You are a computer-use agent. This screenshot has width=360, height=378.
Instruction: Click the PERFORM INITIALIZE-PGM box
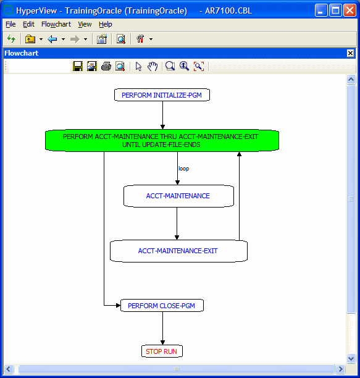(162, 95)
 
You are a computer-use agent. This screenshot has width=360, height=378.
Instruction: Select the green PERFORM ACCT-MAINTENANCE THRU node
(162, 140)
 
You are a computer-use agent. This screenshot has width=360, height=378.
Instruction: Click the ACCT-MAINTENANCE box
(178, 196)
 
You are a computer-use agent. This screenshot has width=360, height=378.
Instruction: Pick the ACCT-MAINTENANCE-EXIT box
(178, 251)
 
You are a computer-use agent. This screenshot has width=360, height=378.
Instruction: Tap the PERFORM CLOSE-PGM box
(162, 305)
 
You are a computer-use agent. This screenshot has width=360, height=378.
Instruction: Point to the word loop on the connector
(183, 168)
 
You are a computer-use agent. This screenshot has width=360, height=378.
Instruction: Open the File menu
(10, 24)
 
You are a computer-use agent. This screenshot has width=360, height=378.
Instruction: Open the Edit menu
(28, 24)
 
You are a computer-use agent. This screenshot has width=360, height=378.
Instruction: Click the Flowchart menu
(56, 24)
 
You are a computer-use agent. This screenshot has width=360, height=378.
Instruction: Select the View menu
(85, 24)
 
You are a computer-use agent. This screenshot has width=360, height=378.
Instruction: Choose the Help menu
(106, 24)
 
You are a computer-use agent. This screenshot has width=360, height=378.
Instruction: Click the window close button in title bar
(350, 10)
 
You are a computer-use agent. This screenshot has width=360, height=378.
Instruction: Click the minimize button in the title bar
(321, 10)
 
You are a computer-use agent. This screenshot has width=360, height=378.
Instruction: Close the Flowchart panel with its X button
(350, 53)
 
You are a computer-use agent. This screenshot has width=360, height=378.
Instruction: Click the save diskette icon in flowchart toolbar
(78, 66)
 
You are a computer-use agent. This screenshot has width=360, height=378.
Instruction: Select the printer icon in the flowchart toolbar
(106, 66)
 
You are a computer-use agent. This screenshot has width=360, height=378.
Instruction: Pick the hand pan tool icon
(152, 66)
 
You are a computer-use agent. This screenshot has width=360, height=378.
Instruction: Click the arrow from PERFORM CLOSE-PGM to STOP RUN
(162, 328)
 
